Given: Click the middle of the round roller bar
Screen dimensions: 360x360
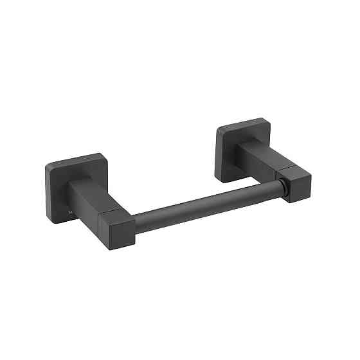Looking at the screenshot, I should [x=206, y=203].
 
